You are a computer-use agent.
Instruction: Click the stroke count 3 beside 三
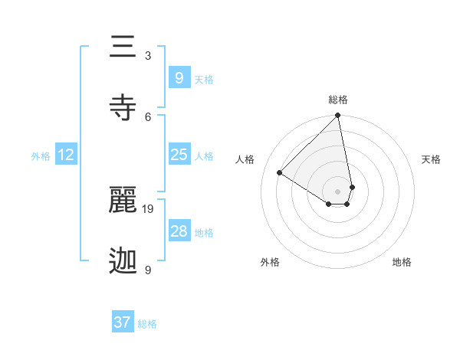pyautogui.click(x=148, y=56)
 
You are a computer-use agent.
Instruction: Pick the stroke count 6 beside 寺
pyautogui.click(x=148, y=116)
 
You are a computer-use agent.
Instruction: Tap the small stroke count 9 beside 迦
pyautogui.click(x=148, y=270)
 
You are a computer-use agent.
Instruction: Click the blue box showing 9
pyautogui.click(x=179, y=77)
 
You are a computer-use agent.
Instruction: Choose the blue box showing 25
pyautogui.click(x=179, y=155)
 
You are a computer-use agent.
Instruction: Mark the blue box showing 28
pyautogui.click(x=179, y=231)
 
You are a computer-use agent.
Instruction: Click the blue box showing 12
pyautogui.click(x=66, y=155)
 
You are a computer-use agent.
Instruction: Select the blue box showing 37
pyautogui.click(x=122, y=322)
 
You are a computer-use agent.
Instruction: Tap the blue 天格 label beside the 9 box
pyautogui.click(x=204, y=80)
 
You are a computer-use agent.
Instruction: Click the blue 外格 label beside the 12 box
pyautogui.click(x=41, y=156)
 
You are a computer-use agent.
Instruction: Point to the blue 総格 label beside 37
pyautogui.click(x=147, y=324)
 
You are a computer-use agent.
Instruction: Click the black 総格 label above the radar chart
pyautogui.click(x=337, y=100)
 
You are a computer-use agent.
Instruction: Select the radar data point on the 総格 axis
pyautogui.click(x=337, y=116)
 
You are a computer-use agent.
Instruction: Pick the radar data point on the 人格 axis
pyautogui.click(x=280, y=173)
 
